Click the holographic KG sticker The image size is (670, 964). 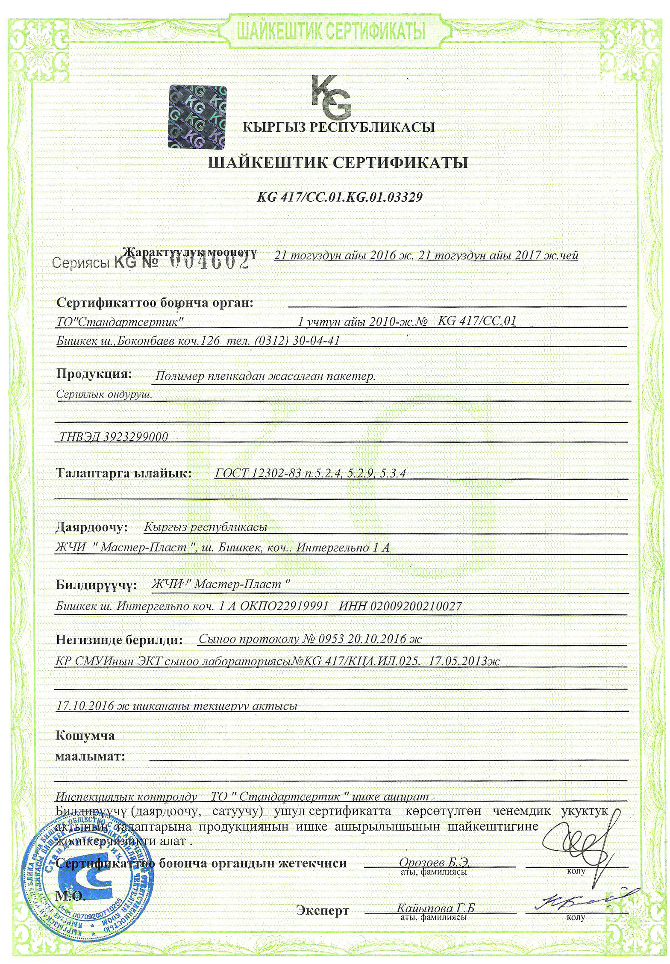tap(198, 116)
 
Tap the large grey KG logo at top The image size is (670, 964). tap(331, 97)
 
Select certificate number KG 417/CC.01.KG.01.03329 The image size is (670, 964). tap(340, 197)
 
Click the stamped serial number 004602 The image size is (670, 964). tap(209, 261)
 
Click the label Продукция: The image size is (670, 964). tap(94, 374)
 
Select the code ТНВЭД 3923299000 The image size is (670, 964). tap(114, 436)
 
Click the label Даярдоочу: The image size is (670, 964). tap(92, 527)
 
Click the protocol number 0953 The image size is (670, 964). tap(331, 639)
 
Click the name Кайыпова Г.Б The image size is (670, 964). tap(435, 908)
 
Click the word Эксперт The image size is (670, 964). tap(323, 911)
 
